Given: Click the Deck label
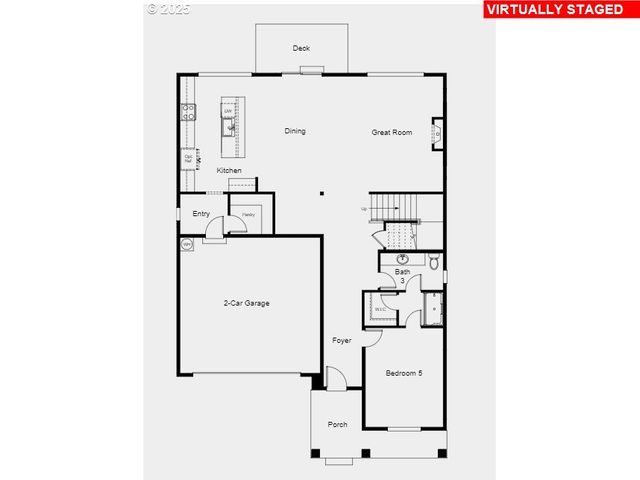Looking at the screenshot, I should point(301,48).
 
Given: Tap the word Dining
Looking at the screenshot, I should point(295,131).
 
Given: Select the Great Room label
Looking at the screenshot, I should point(392,132).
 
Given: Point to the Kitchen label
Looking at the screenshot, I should point(229,171).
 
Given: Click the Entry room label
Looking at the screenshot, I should point(201,213).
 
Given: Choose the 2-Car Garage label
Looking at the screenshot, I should point(246,303).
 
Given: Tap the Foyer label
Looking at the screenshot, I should point(342,341).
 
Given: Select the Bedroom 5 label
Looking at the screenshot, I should point(404,373).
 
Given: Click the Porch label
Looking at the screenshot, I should point(338,425).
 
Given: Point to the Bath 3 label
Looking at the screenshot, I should point(402,275).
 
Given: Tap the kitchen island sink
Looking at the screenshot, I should point(230,126).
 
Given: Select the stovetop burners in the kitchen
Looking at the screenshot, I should point(186,111).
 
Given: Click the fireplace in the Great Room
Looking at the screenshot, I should point(437,133).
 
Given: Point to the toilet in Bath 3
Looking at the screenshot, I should point(434,262).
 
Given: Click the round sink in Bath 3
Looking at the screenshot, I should point(403,259).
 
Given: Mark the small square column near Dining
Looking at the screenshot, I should point(322,194).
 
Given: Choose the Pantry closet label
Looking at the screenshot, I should point(248,214).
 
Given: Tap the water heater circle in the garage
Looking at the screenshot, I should point(187,244).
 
